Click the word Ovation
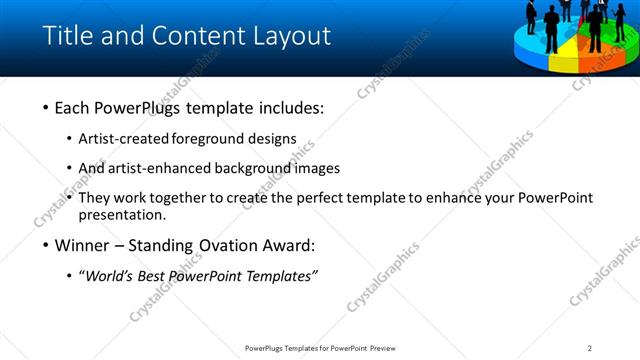click(233, 246)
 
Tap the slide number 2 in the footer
click(590, 348)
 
